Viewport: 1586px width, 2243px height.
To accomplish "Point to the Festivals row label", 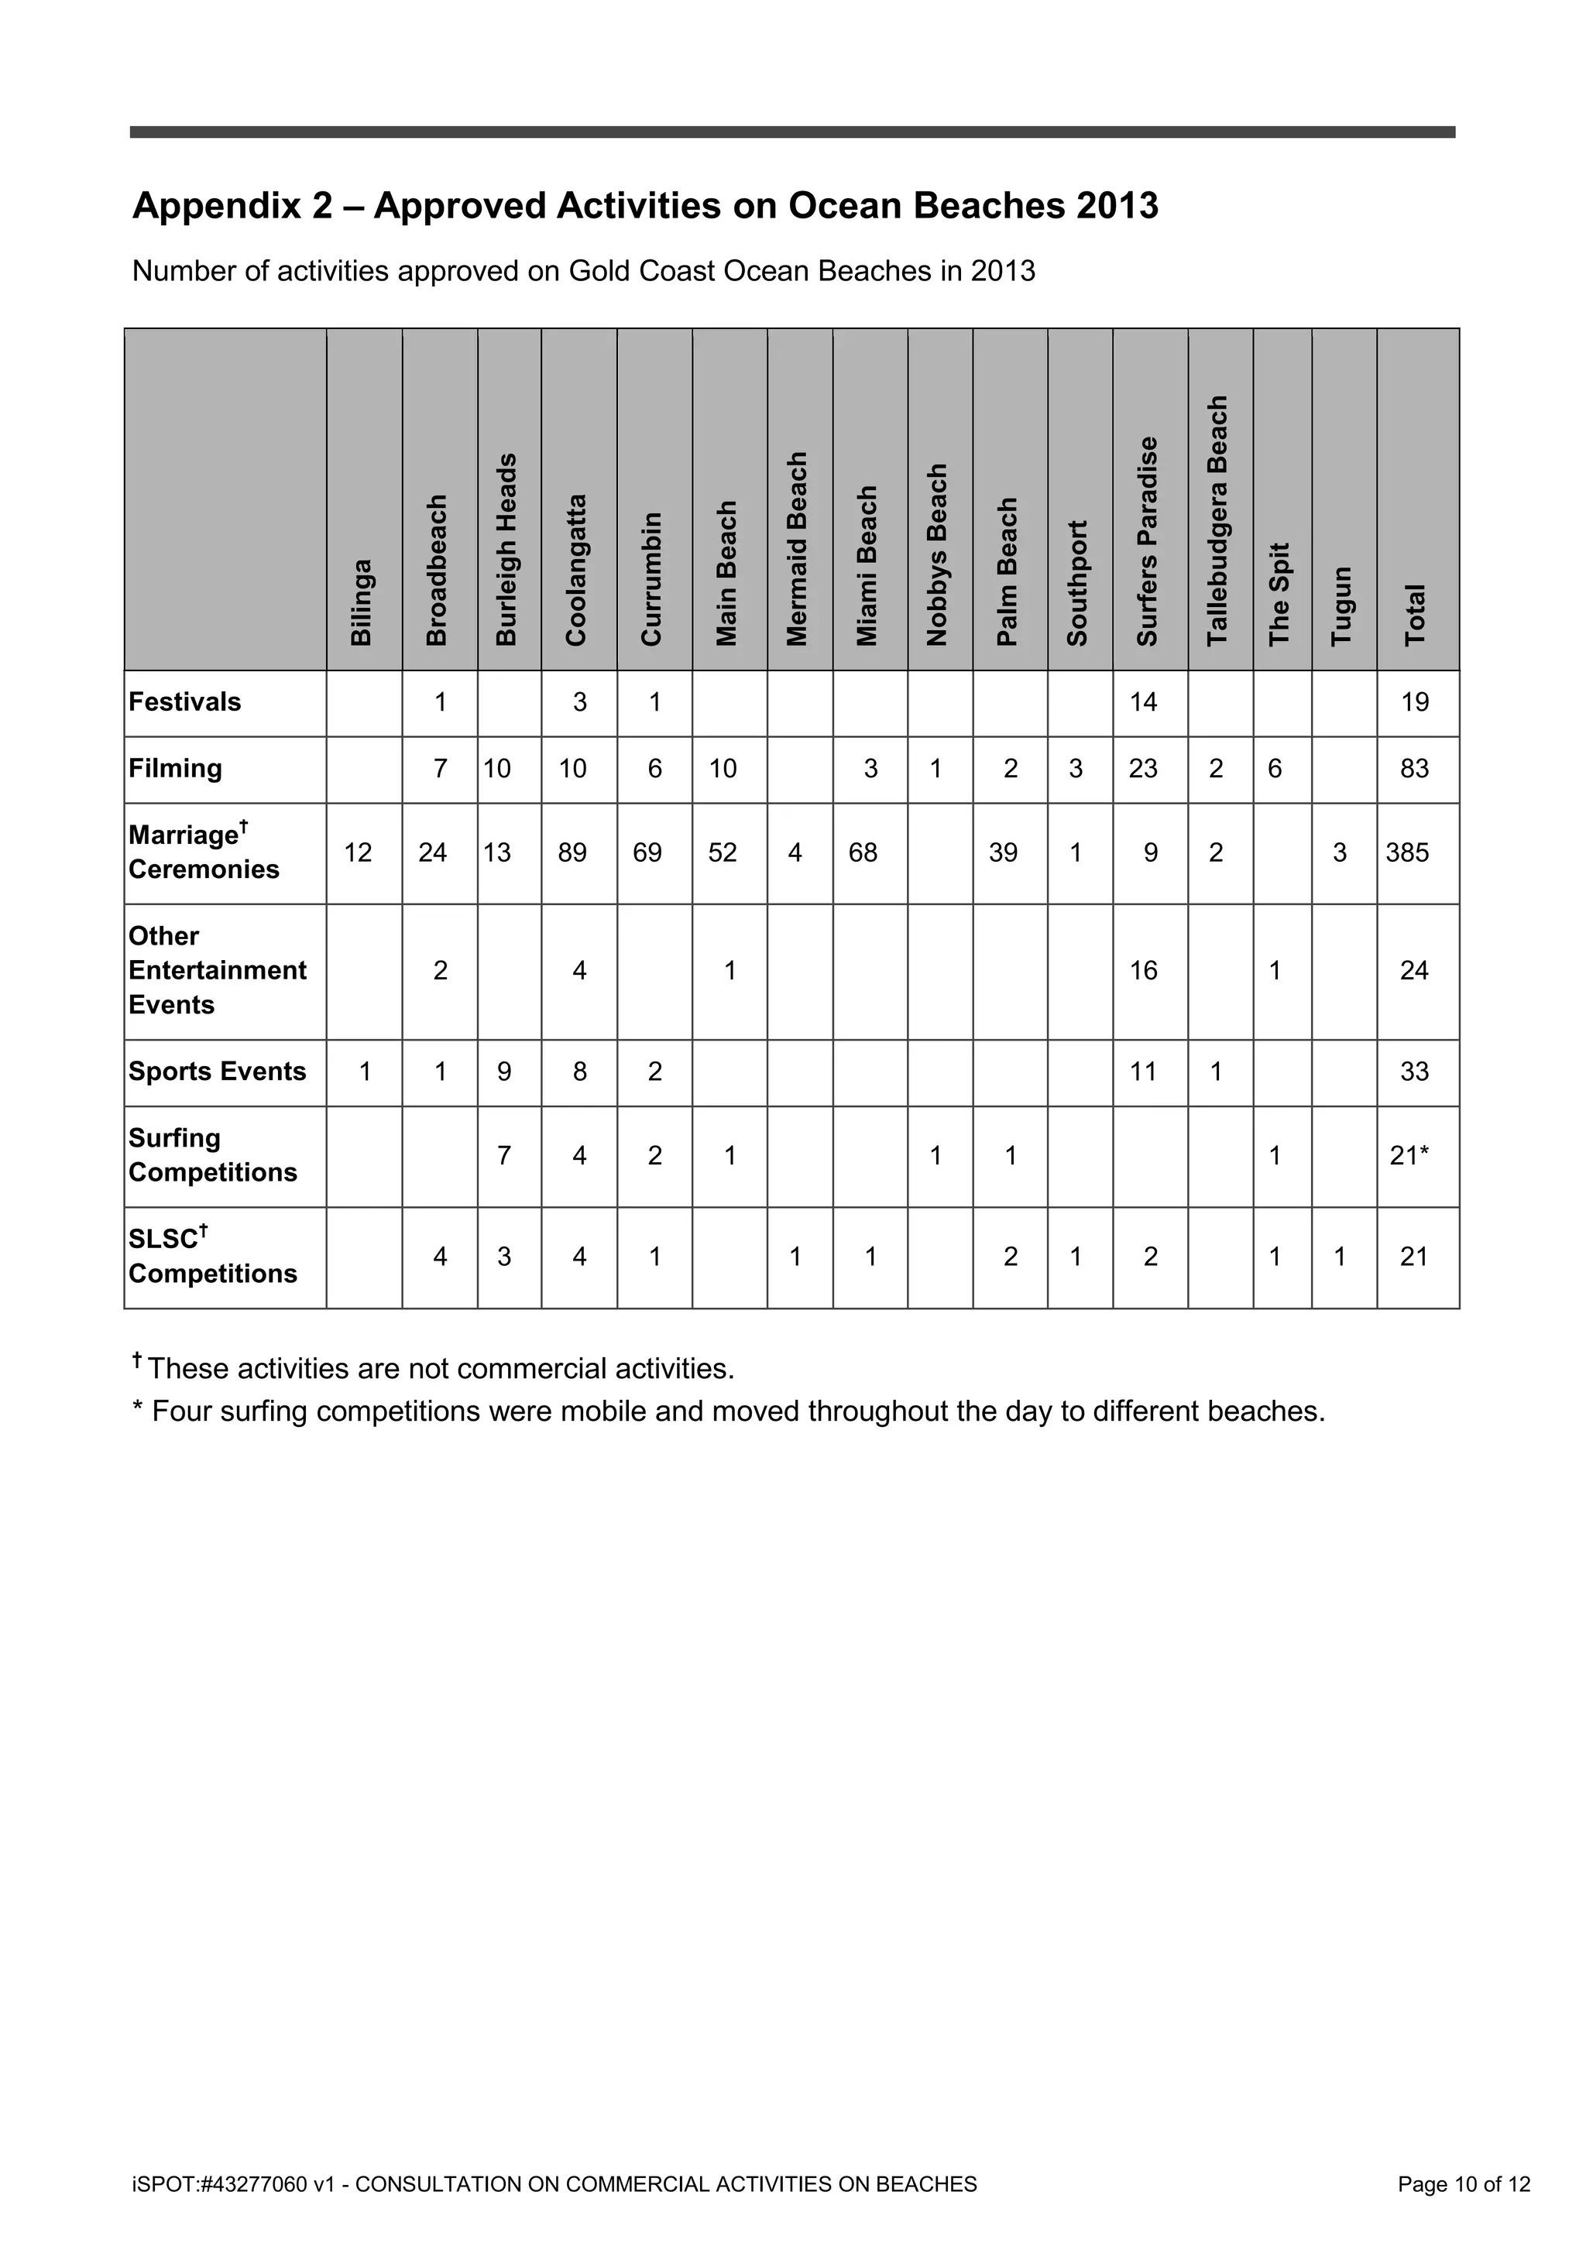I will pos(184,701).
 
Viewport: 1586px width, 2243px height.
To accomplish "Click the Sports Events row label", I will pos(217,1071).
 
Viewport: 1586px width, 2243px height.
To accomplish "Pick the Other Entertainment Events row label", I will pos(217,970).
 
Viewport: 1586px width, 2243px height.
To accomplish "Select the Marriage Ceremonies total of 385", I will pos(1407,853).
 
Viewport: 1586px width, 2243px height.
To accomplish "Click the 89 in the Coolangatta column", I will pos(572,853).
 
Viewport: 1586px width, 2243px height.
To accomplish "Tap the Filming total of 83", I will pos(1414,769).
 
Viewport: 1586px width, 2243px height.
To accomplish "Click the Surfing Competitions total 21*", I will pos(1409,1156).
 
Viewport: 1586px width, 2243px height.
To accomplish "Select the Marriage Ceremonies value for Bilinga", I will pos(358,853).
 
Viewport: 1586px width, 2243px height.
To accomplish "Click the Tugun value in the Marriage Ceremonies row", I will pos(1340,853).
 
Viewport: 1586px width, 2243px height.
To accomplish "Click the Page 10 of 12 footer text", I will pos(1463,2184).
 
